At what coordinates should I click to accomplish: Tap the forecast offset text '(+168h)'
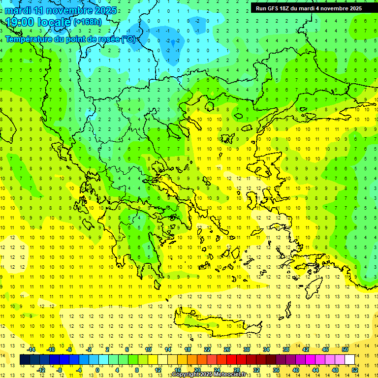88,22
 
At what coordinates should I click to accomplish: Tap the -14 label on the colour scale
31,349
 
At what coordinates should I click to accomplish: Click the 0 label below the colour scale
97,370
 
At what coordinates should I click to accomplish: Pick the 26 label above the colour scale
227,349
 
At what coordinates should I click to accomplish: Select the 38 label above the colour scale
286,349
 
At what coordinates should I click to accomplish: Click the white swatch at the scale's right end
350,360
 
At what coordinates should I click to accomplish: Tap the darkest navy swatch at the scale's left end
25,360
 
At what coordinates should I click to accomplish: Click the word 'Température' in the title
29,39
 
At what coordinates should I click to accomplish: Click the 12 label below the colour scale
158,370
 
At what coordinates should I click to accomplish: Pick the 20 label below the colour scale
197,370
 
